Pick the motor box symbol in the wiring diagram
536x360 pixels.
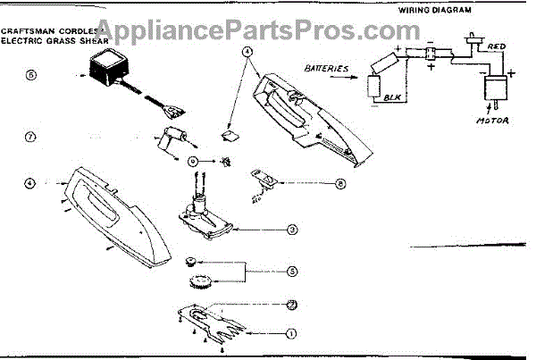493,93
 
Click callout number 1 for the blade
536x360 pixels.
289,334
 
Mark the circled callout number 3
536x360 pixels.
292,229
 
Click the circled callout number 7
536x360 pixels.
29,138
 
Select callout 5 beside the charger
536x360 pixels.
29,75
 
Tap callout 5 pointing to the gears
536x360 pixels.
292,271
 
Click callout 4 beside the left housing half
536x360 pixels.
29,182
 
